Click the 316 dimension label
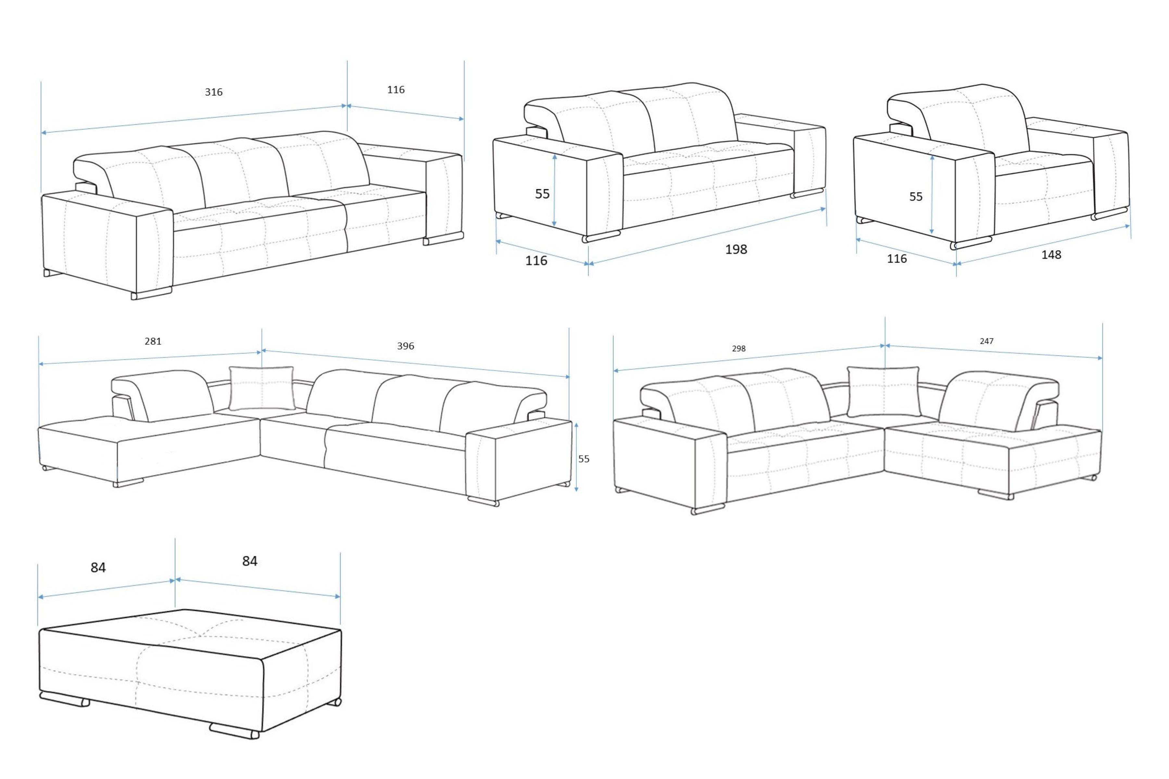tap(214, 92)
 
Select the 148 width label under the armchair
tap(1051, 255)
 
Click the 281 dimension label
tap(153, 341)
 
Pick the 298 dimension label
tap(738, 349)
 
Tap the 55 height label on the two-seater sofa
tap(542, 194)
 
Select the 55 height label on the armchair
tap(915, 196)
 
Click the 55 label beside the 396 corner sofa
tap(584, 459)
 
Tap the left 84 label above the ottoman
tap(98, 567)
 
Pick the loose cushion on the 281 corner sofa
tap(262, 389)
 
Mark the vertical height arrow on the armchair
tap(932, 195)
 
